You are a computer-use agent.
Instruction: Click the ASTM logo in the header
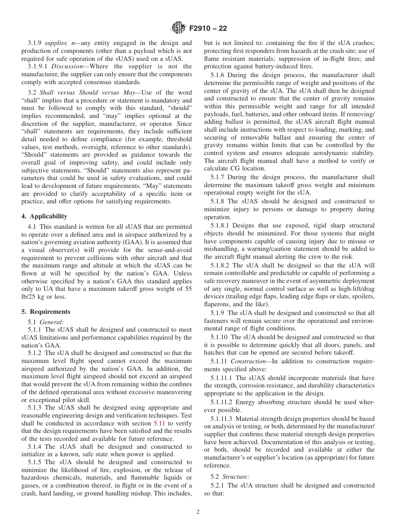pos(178,29)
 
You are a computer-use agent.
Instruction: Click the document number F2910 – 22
pos(208,29)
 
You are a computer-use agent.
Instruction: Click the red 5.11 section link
pos(159,423)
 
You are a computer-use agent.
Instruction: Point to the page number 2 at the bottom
pos(198,512)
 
